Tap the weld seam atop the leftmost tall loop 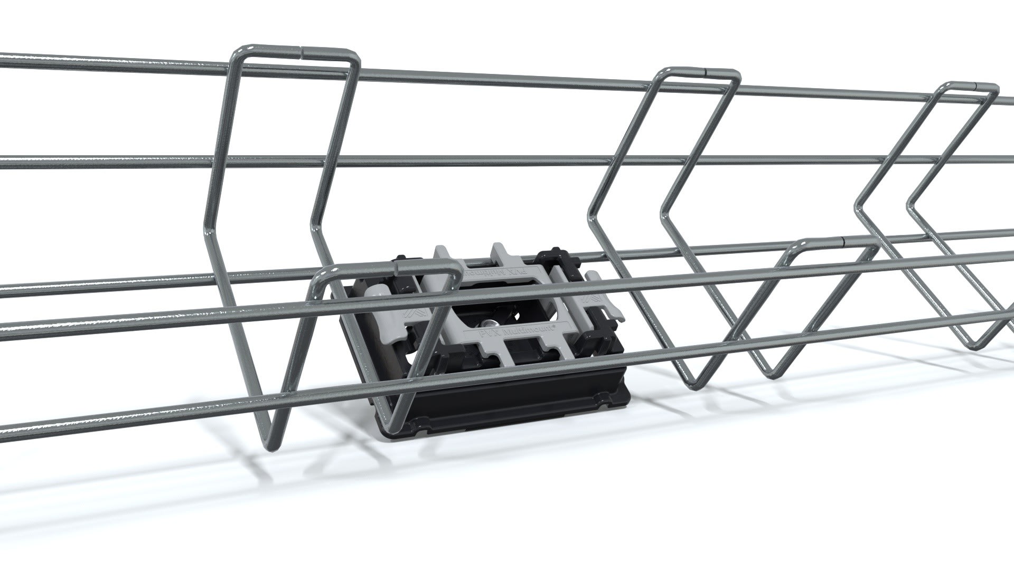[x=302, y=52]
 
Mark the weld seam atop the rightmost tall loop [x=975, y=84]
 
